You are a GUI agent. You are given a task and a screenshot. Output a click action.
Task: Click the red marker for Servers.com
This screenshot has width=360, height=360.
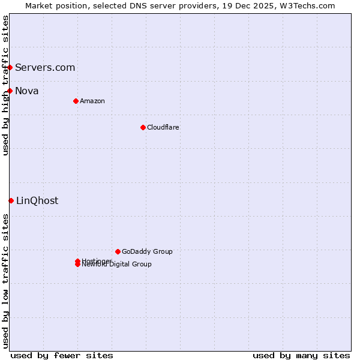10,67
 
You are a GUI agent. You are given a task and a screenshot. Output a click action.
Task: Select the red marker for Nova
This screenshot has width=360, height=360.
10,91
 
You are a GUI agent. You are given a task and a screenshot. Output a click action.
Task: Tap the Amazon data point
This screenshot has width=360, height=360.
76,101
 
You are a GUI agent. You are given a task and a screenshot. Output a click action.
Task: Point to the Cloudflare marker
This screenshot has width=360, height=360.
143,127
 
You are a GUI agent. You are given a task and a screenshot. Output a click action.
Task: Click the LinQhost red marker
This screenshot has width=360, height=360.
11,200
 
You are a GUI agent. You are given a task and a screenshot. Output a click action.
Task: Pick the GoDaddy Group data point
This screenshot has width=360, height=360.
118,251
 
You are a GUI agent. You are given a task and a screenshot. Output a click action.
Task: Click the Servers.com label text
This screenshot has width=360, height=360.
45,67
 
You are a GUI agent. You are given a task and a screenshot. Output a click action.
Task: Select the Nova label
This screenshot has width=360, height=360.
27,91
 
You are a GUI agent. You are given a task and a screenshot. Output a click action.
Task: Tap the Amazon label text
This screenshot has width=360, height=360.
92,101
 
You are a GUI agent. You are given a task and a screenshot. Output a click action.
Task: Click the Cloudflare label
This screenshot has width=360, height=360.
163,127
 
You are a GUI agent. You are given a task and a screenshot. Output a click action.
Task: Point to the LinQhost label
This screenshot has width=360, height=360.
37,200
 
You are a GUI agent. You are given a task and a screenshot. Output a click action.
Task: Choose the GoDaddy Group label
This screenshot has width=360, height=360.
147,251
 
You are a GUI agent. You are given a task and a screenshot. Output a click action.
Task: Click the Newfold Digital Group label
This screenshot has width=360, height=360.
117,265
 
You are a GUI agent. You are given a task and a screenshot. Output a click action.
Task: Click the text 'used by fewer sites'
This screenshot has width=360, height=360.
62,355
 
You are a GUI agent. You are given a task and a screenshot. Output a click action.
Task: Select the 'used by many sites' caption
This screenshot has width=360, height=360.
301,355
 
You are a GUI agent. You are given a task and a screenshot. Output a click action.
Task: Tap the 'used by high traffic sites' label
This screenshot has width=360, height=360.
6,85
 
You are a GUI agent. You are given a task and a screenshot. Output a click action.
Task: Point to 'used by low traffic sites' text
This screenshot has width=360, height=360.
6,280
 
